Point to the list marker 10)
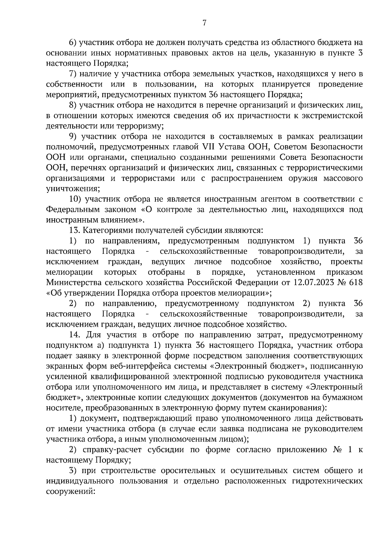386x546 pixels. pos(75,199)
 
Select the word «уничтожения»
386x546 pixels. pos(72,189)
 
